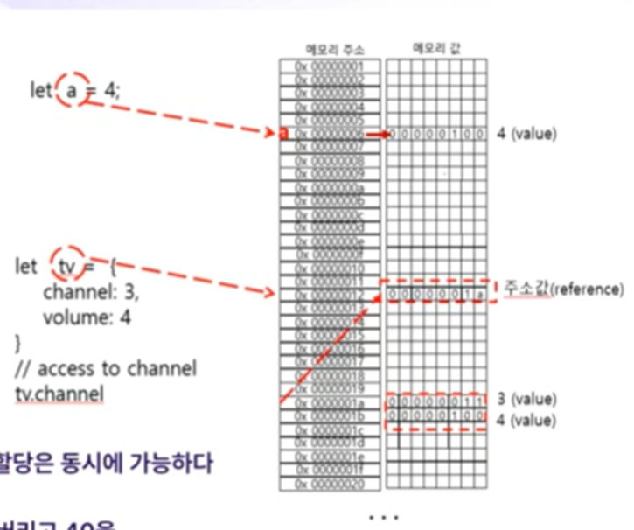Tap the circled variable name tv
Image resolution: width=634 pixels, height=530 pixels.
coord(68,265)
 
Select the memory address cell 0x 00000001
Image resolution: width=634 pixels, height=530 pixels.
coord(330,66)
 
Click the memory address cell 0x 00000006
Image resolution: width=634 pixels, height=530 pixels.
coord(330,134)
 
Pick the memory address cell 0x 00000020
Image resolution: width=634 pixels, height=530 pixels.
coord(330,483)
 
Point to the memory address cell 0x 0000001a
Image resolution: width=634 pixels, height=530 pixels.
coord(330,401)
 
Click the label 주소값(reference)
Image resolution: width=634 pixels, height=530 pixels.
coord(562,288)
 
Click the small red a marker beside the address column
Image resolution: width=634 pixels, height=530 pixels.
coord(283,133)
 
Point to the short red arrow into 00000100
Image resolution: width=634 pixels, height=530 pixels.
coord(376,134)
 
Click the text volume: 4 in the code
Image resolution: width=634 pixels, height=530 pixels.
coord(87,317)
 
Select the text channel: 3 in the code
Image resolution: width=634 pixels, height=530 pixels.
coord(90,292)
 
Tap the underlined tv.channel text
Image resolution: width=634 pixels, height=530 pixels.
coord(59,394)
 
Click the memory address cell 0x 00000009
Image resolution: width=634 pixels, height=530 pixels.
coord(330,174)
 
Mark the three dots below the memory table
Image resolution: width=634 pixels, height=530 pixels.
coord(384,518)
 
